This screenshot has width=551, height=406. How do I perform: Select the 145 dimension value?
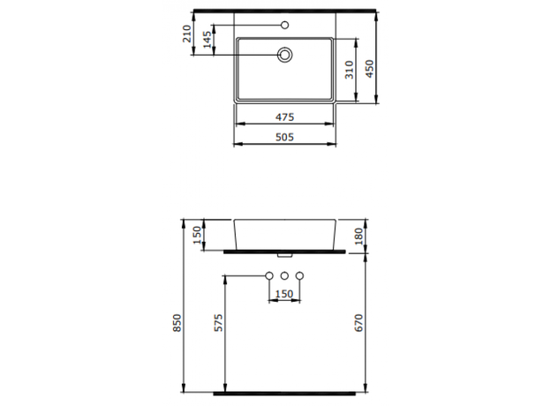click(208, 41)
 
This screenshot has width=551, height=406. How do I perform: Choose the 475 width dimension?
click(283, 117)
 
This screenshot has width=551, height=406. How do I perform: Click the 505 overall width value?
click(283, 137)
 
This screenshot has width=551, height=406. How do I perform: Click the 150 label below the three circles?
click(283, 293)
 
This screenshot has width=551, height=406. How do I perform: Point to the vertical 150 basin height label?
click(196, 234)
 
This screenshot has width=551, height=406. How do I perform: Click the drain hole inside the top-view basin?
click(284, 55)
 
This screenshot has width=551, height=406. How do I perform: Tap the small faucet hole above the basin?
click(284, 24)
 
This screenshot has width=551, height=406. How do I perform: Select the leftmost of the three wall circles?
click(269, 277)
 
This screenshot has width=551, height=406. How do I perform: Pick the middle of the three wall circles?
click(284, 277)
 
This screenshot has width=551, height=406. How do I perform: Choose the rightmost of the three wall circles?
click(299, 277)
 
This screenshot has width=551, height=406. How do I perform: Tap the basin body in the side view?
click(284, 234)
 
